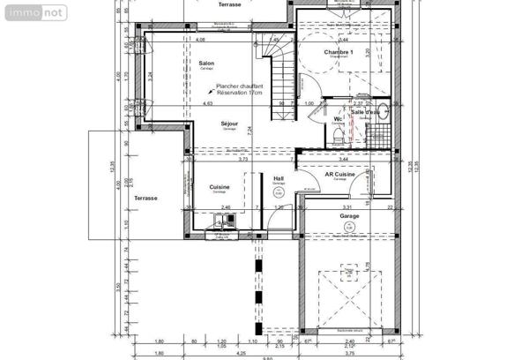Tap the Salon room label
pyautogui.click(x=206, y=64)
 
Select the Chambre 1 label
pyautogui.click(x=338, y=53)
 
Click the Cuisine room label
pyautogui.click(x=220, y=187)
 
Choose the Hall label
pyautogui.click(x=279, y=179)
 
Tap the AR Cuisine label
pyautogui.click(x=340, y=175)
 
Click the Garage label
pyautogui.click(x=350, y=215)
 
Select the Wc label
pyautogui.click(x=337, y=118)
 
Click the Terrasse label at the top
pyautogui.click(x=231, y=5)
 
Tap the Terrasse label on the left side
pyautogui.click(x=145, y=199)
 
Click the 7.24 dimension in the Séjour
pyautogui.click(x=250, y=130)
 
